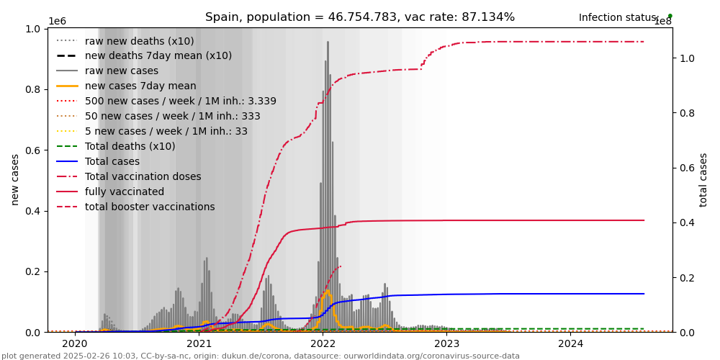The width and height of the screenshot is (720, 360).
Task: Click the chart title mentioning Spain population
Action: tap(360, 17)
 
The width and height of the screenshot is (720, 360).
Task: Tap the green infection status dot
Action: tap(670, 16)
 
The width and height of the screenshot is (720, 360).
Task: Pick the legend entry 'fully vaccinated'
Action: tap(125, 192)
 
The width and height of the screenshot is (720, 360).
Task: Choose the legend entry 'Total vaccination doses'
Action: tap(143, 177)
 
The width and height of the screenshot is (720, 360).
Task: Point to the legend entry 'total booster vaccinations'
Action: tap(150, 207)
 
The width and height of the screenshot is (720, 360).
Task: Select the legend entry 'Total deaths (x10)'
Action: tap(130, 147)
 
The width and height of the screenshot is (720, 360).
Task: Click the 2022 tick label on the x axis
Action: tap(323, 343)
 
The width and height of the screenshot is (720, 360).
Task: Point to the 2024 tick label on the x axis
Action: tap(570, 343)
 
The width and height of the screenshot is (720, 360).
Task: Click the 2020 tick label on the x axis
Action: tap(75, 343)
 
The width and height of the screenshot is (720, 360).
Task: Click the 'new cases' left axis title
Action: tap(15, 179)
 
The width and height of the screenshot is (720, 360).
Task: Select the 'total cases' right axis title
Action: tap(704, 179)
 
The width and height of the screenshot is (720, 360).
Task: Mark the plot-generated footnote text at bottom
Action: tap(261, 356)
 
